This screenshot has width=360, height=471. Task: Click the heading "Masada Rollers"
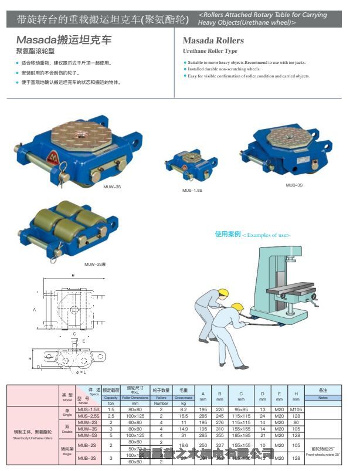point(213,41)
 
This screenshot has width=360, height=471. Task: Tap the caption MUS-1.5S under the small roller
point(192,190)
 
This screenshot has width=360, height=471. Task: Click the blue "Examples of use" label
point(252,235)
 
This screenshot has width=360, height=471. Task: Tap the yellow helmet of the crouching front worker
point(237,307)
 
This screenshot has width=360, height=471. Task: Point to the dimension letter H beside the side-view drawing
point(29,358)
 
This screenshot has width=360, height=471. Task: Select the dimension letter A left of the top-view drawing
point(35,308)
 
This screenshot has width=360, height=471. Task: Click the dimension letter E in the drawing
point(84,340)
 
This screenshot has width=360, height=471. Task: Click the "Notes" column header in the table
point(324,397)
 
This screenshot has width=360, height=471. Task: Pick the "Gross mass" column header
point(183,397)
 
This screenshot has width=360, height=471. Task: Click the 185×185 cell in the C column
point(240,435)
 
